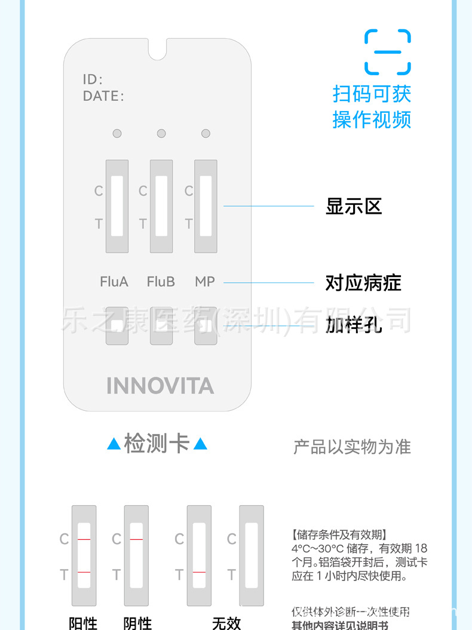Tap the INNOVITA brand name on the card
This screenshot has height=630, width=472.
(160, 386)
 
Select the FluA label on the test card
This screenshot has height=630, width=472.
(114, 281)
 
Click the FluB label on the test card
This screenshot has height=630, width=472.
(161, 281)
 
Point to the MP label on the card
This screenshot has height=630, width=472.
(205, 281)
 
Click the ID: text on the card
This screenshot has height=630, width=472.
(93, 79)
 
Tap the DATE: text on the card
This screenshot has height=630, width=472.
(103, 96)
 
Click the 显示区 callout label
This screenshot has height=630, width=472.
(353, 207)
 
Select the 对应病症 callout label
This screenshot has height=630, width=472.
(363, 282)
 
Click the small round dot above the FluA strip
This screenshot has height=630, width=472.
(117, 133)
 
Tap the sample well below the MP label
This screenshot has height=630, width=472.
(205, 325)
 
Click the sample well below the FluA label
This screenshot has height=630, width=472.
(117, 325)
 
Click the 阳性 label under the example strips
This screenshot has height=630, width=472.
(83, 623)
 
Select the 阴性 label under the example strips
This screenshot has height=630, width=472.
(137, 623)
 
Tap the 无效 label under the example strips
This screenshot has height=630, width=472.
(226, 623)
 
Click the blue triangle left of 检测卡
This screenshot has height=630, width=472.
(114, 444)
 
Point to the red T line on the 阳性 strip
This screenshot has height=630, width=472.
(84, 573)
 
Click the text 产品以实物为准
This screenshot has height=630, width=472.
(352, 447)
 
